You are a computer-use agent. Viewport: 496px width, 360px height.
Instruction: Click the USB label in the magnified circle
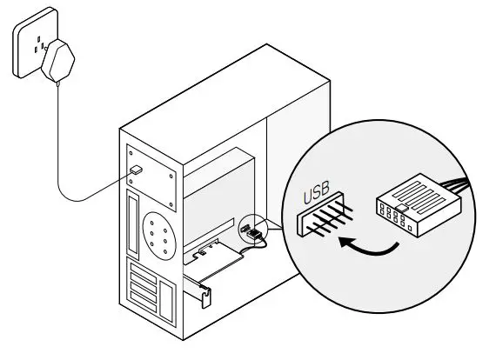tap(316, 192)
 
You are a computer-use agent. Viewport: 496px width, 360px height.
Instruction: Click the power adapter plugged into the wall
tap(58, 61)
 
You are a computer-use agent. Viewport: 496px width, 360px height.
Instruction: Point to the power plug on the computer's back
tap(136, 170)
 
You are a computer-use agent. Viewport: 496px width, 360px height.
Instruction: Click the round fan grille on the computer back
tap(158, 236)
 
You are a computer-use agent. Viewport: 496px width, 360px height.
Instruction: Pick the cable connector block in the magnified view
tap(419, 205)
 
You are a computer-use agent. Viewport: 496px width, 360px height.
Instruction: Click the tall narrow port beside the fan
tap(133, 223)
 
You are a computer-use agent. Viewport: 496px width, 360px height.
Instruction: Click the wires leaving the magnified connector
tap(458, 185)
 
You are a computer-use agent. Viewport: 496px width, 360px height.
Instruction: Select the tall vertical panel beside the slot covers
tap(166, 301)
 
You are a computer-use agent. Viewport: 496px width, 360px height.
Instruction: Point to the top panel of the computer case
tap(225, 104)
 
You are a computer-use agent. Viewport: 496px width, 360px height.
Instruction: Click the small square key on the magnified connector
tap(401, 208)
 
